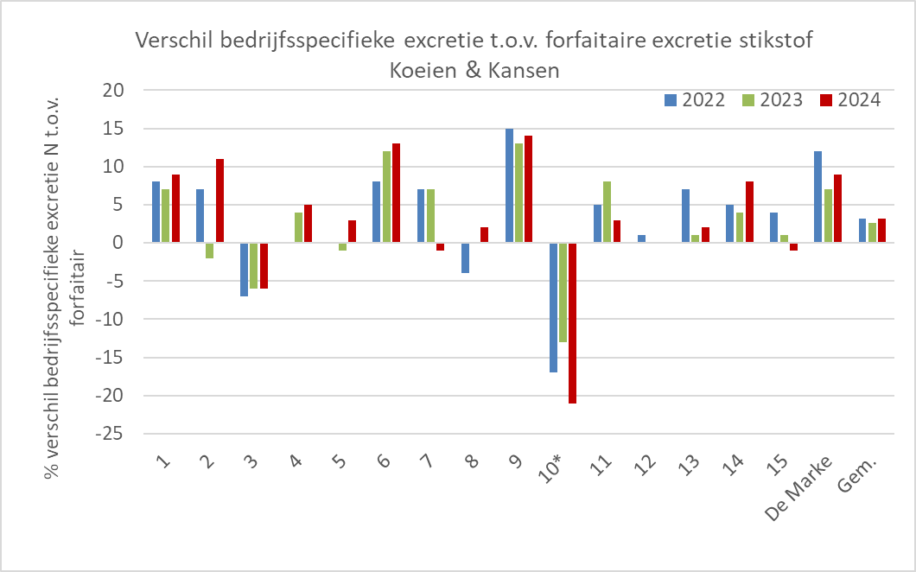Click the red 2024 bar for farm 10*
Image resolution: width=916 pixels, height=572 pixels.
[x=572, y=322]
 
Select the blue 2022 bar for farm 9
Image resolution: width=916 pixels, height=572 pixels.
[x=509, y=186]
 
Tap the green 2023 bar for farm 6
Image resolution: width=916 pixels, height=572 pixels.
[x=386, y=197]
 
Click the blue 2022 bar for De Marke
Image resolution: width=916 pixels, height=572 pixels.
[x=817, y=197]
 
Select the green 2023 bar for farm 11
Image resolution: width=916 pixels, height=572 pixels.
[x=607, y=212]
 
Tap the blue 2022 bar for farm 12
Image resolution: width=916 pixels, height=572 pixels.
[x=641, y=238]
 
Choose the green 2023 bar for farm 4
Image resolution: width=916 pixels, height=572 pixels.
[x=298, y=227]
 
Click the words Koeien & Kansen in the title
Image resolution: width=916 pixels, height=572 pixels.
[x=474, y=71]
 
